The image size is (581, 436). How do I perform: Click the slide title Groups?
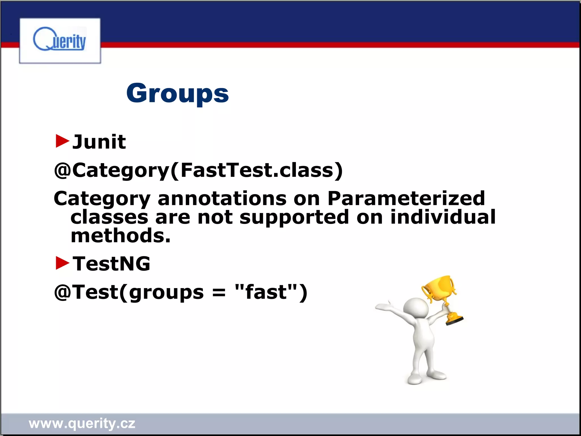(x=177, y=93)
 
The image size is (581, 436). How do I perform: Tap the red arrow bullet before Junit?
(x=62, y=141)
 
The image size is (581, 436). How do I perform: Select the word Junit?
(x=99, y=142)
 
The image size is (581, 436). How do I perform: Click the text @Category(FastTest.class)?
(x=198, y=170)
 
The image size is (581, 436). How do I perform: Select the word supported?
(x=294, y=217)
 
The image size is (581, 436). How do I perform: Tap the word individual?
(x=443, y=217)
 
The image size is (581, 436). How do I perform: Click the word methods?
(x=120, y=236)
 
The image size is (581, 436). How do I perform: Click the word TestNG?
(x=111, y=264)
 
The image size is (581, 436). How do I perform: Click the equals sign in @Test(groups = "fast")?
(x=219, y=292)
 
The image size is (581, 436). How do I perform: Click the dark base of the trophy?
(x=454, y=321)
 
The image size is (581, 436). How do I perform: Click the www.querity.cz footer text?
(x=82, y=424)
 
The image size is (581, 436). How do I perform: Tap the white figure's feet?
(x=426, y=378)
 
